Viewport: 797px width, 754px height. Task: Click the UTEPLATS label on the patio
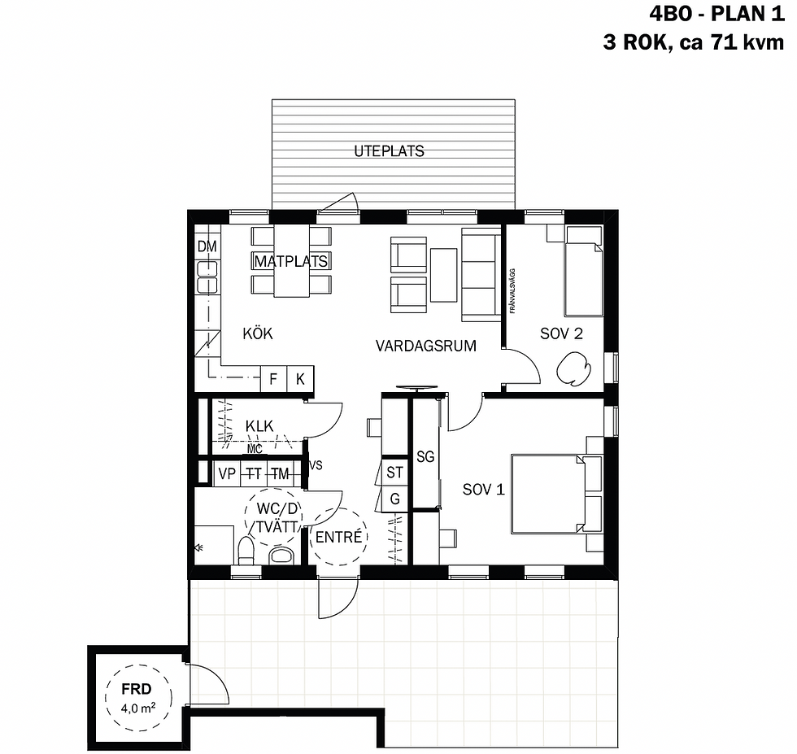389,151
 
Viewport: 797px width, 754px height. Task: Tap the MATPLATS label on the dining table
290,261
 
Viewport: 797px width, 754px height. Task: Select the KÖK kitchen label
258,333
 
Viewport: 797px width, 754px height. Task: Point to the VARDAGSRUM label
425,346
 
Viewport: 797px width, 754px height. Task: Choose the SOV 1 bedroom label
484,489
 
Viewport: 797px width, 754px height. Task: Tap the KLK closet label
259,425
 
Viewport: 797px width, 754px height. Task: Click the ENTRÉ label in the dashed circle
338,538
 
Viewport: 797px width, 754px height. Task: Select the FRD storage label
137,688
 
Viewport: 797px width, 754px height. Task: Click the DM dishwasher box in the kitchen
207,246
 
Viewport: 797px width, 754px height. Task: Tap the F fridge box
273,378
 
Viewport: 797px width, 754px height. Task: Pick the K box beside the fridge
300,378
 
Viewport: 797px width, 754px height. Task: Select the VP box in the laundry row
227,473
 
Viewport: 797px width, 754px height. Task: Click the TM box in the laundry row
281,473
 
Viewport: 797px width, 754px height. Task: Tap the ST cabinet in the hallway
395,473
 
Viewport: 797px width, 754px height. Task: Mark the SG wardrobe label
425,457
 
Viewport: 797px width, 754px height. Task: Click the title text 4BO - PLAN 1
716,14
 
